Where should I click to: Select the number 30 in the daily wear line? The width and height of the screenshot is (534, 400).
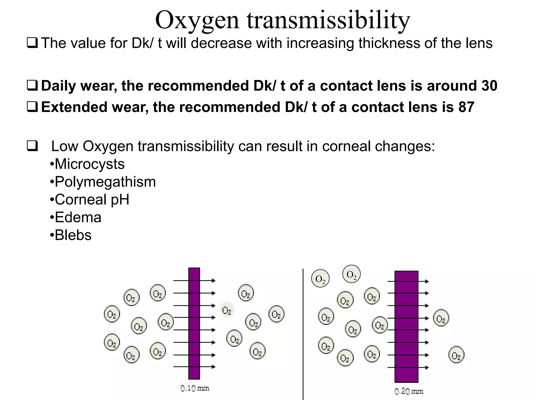[489, 86]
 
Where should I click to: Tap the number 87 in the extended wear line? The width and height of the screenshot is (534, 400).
[466, 107]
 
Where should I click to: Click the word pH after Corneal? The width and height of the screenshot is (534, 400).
[120, 200]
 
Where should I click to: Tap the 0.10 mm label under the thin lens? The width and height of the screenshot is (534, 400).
[195, 388]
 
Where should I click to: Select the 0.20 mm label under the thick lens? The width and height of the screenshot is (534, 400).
[409, 391]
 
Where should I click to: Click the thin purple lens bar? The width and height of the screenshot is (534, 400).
[194, 323]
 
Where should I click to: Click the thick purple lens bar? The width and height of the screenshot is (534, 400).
[406, 327]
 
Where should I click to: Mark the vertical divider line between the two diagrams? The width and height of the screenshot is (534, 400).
[303, 333]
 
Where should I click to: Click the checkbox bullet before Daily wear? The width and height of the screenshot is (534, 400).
[32, 86]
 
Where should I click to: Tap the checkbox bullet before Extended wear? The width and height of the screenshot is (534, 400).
[32, 107]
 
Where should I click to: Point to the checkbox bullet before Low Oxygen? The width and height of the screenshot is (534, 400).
[32, 146]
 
